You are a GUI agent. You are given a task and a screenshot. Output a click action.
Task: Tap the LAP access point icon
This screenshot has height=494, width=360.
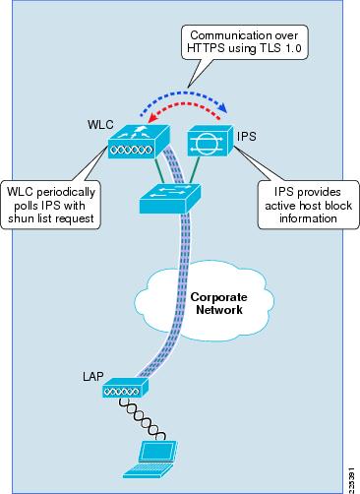coord(125,391)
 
